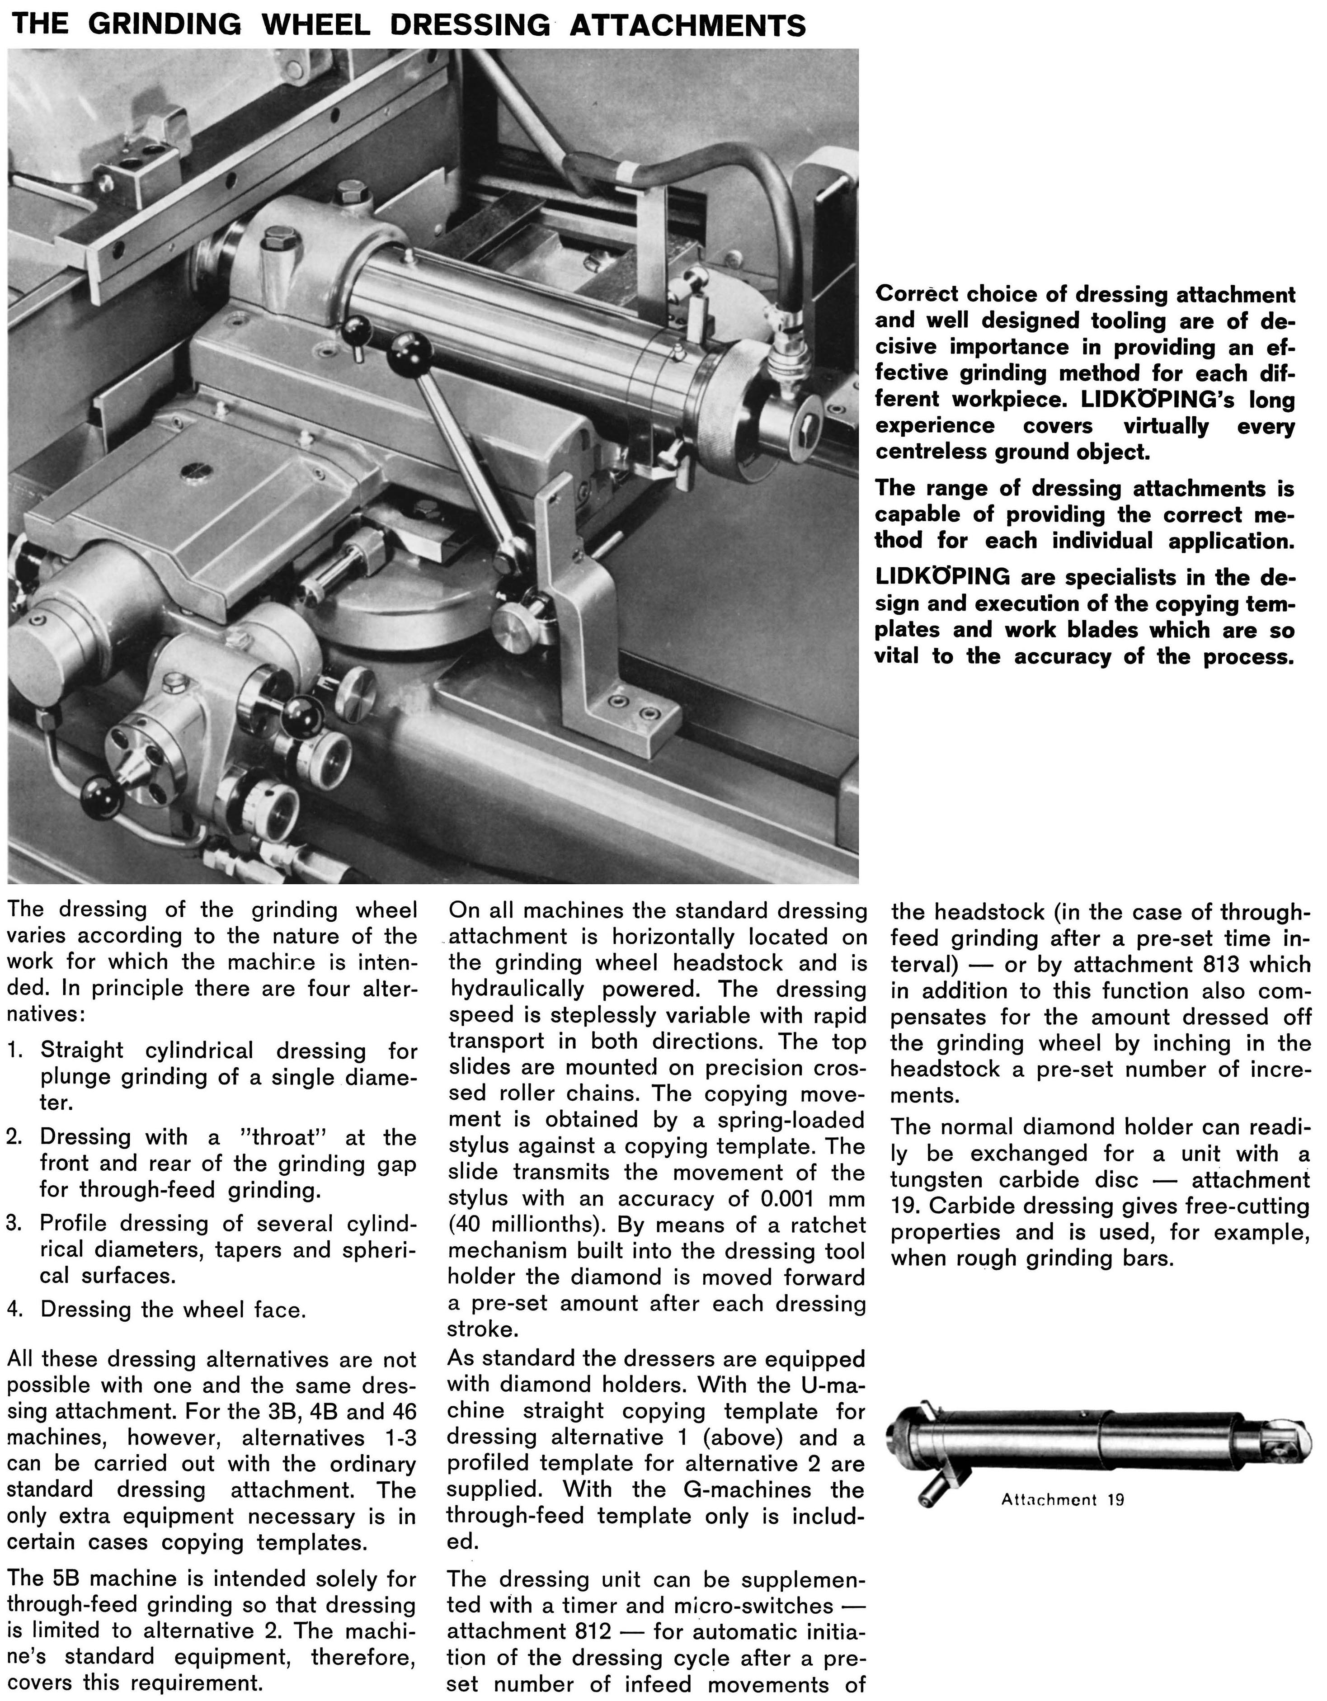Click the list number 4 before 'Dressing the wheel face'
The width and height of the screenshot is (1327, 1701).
pyautogui.click(x=13, y=1309)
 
